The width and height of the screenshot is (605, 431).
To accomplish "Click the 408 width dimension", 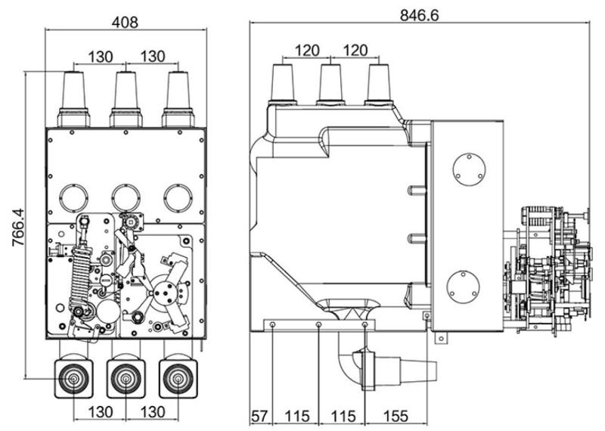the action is (x=125, y=22).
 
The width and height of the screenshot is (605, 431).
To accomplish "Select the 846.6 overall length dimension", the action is (x=420, y=15).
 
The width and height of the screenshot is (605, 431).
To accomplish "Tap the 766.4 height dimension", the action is (x=17, y=228).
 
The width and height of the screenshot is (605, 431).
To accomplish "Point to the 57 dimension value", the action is (x=259, y=417).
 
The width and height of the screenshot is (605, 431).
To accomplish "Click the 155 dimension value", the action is (x=396, y=417).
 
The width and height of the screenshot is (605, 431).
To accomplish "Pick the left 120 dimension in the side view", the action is (x=307, y=50).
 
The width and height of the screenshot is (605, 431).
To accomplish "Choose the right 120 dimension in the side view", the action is (x=355, y=50).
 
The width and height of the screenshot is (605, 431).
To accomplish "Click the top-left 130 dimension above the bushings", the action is (x=101, y=57).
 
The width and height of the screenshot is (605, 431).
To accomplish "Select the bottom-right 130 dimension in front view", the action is (x=153, y=411).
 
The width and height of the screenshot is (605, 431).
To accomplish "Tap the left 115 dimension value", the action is (x=297, y=417).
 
